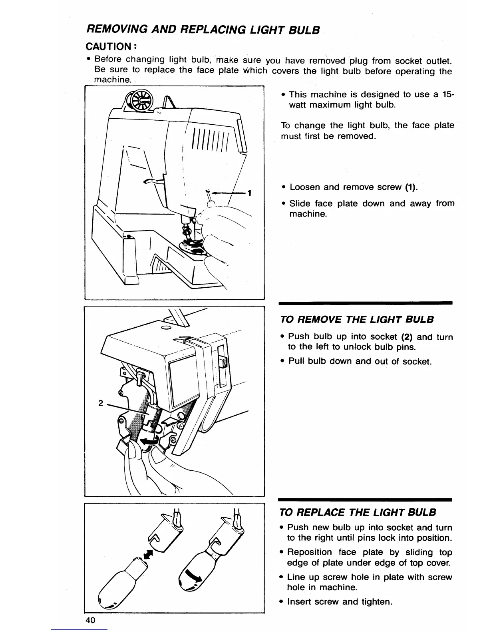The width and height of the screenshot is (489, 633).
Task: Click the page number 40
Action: point(90,620)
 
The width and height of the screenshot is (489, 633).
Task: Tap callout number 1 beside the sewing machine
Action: point(249,193)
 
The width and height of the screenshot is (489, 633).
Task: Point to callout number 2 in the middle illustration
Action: point(101,403)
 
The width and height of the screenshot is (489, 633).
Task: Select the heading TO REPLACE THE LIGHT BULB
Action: point(358,512)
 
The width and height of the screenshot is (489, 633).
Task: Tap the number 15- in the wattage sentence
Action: point(448,94)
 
